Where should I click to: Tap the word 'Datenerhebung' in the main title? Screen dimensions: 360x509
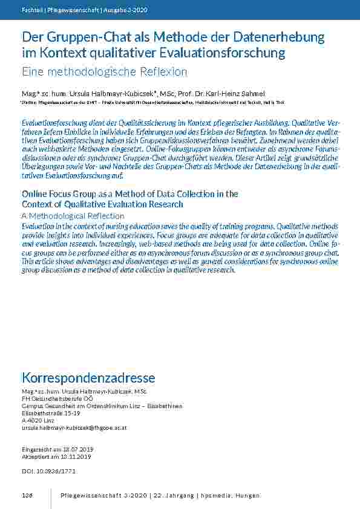(x=273, y=38)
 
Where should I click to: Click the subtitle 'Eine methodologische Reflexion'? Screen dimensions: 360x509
(x=105, y=72)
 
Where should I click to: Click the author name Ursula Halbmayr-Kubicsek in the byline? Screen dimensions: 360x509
(x=113, y=93)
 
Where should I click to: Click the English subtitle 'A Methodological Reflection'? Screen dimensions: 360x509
(x=73, y=216)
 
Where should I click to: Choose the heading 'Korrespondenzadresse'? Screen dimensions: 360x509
(x=88, y=378)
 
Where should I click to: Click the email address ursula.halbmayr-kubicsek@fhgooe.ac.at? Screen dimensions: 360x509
(x=74, y=428)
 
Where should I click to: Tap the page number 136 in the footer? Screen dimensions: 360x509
(x=27, y=496)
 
